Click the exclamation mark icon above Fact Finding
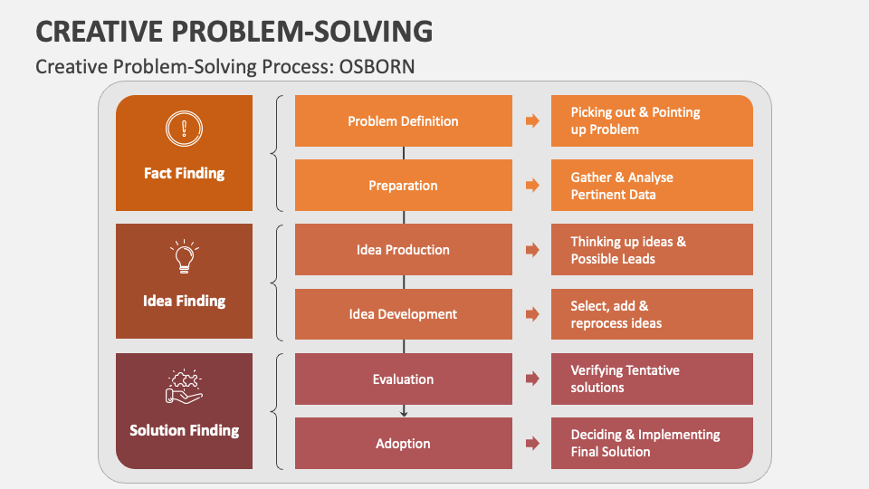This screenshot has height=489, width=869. pyautogui.click(x=184, y=129)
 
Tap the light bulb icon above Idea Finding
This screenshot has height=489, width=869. pyautogui.click(x=184, y=257)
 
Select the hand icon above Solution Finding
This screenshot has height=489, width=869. pyautogui.click(x=184, y=386)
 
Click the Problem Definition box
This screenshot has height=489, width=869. pyautogui.click(x=403, y=121)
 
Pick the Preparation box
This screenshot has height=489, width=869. pyautogui.click(x=403, y=186)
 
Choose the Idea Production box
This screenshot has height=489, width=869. pyautogui.click(x=403, y=250)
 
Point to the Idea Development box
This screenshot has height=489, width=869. pyautogui.click(x=403, y=314)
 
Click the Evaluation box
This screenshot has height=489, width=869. pyautogui.click(x=403, y=379)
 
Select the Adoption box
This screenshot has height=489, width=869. pyautogui.click(x=403, y=444)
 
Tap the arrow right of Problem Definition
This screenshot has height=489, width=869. pyautogui.click(x=532, y=121)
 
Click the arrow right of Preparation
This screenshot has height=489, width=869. pyautogui.click(x=532, y=186)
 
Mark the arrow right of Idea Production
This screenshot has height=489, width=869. pyautogui.click(x=532, y=250)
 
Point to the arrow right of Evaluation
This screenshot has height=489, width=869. pyautogui.click(x=532, y=379)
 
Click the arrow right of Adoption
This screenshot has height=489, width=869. pyautogui.click(x=532, y=444)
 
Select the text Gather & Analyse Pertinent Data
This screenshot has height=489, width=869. pyautogui.click(x=622, y=186)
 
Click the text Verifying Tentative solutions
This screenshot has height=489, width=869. pyautogui.click(x=625, y=379)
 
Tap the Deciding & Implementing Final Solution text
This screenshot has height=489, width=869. pyautogui.click(x=645, y=444)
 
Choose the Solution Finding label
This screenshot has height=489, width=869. pyautogui.click(x=184, y=430)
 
